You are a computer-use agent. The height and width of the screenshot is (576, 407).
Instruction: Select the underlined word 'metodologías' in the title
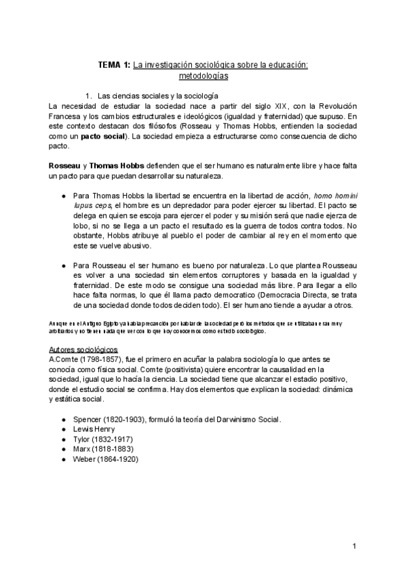[x=203, y=76]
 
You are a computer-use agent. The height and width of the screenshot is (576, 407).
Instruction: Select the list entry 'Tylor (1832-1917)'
[x=102, y=439]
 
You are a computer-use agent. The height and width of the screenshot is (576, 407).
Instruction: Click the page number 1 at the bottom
[x=354, y=546]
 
